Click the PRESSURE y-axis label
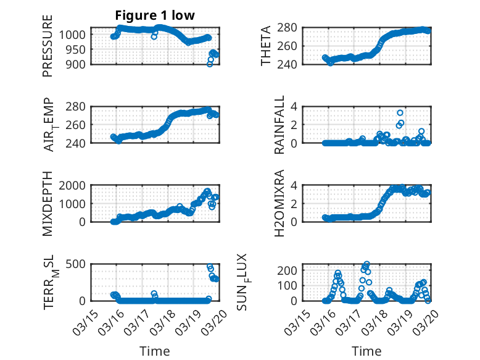point(48,45)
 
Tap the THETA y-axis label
point(266,46)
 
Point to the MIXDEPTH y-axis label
point(48,203)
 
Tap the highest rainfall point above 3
point(400,113)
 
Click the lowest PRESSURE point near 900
point(210,64)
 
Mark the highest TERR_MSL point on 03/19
point(210,267)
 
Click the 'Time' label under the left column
point(155,351)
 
